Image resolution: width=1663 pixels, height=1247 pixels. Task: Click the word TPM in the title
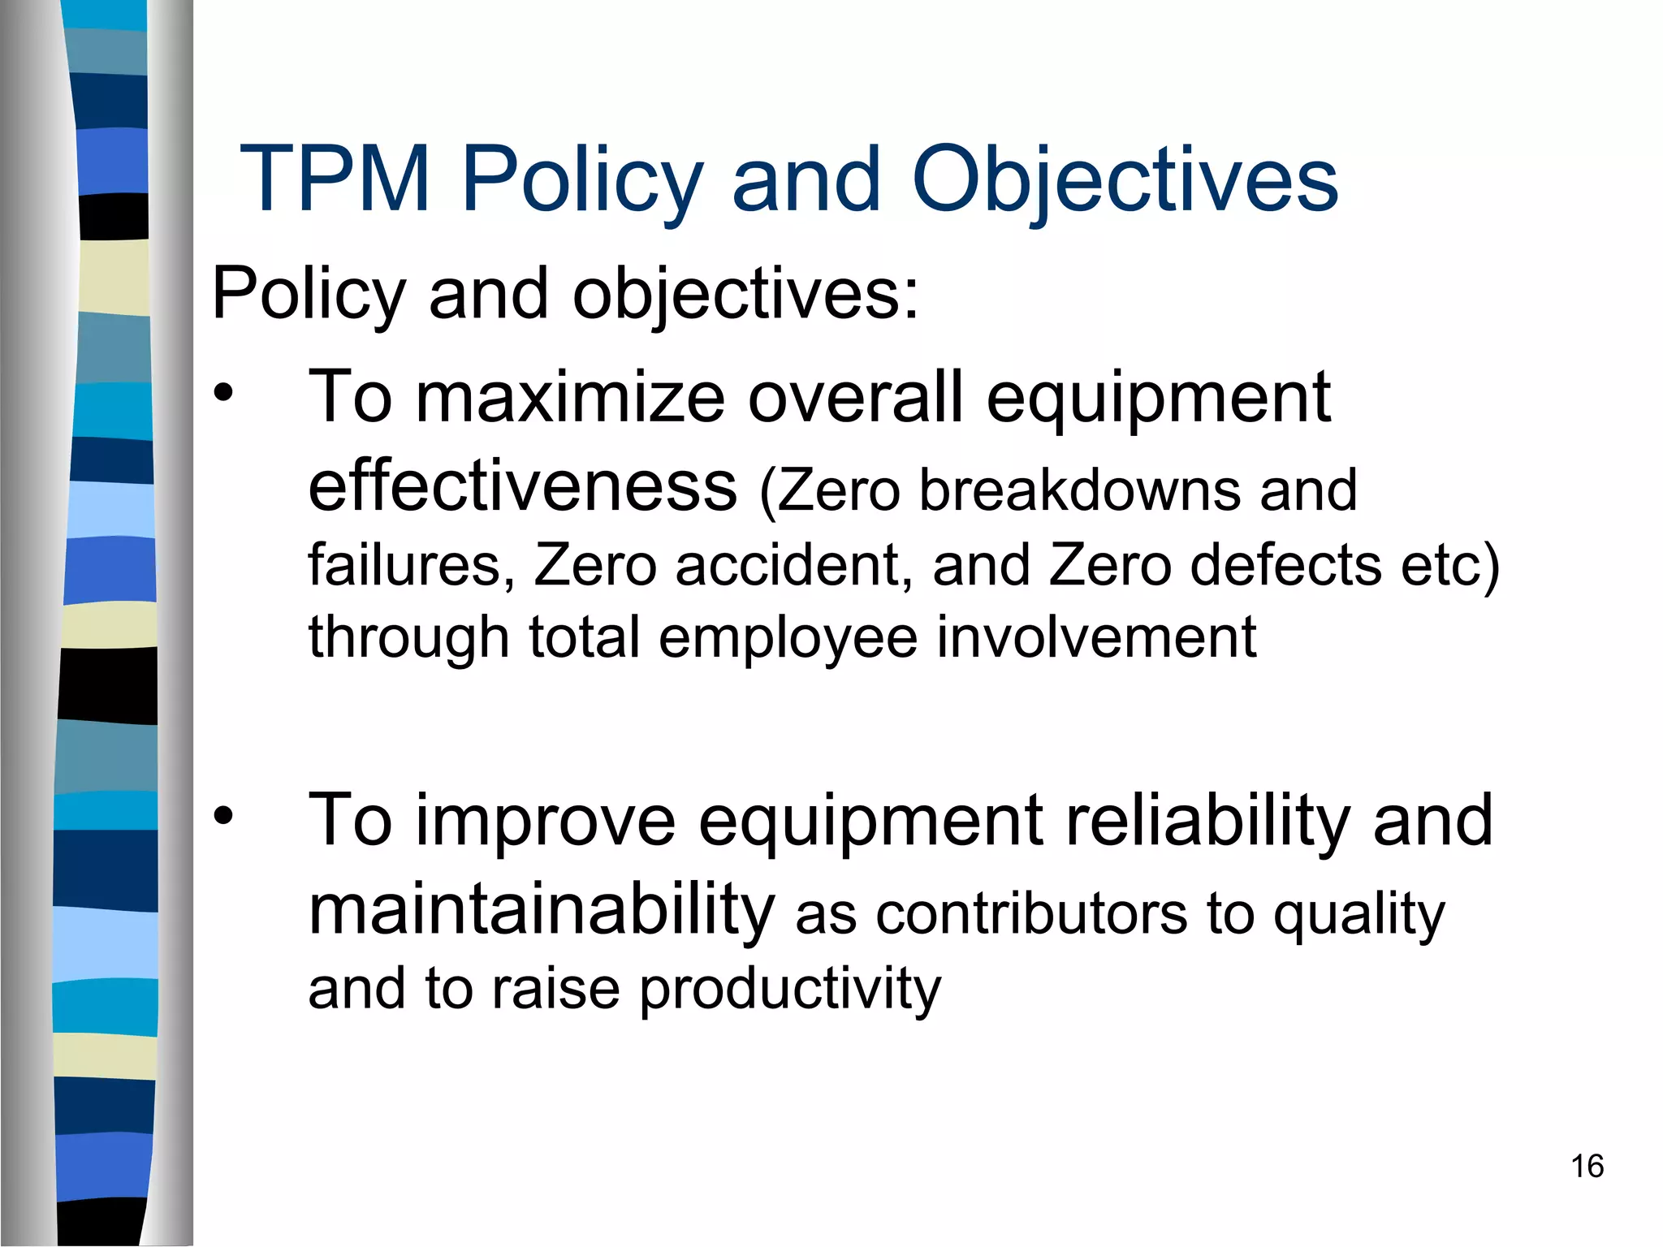[x=335, y=180]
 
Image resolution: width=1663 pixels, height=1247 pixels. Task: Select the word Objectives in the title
[x=1124, y=180]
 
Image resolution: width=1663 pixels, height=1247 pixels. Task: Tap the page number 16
[x=1587, y=1167]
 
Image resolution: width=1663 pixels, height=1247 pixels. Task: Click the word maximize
[x=570, y=397]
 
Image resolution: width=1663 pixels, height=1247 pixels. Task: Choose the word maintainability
[x=542, y=909]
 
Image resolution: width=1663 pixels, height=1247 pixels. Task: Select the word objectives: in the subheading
[x=745, y=294]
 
